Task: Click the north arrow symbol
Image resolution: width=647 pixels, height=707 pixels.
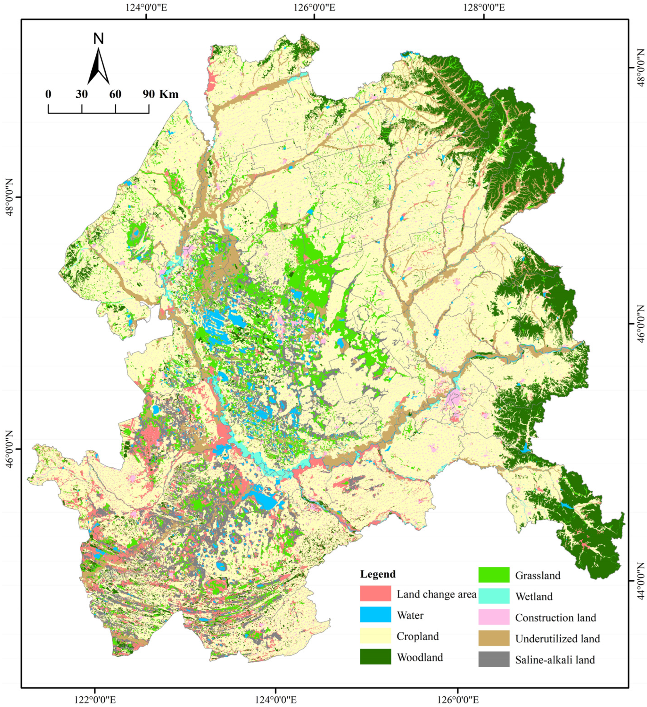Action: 99,67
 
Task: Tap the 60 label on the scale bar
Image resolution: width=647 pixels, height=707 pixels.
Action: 115,94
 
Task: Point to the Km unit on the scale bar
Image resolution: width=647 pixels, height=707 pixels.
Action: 169,94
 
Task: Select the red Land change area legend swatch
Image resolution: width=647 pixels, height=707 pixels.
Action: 375,593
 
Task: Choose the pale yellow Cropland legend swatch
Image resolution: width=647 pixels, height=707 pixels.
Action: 375,635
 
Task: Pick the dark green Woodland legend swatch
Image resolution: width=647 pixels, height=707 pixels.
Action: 375,657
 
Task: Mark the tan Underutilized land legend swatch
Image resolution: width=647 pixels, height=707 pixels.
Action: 494,638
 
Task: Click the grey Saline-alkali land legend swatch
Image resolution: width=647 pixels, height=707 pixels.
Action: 494,659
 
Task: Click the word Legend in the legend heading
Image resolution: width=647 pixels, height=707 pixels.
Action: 378,574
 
